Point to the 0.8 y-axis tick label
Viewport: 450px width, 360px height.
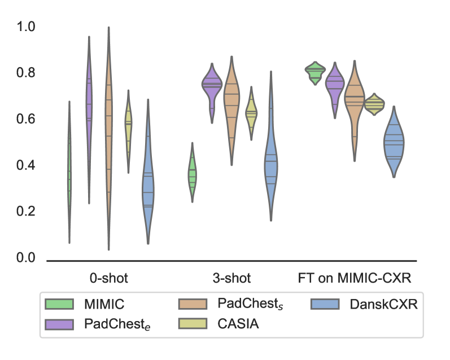(x=25, y=73)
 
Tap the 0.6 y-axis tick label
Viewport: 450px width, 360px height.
(x=25, y=120)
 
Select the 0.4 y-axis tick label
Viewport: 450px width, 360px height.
(x=25, y=166)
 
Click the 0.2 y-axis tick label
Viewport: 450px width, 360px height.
(x=25, y=212)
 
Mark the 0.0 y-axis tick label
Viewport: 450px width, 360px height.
(x=25, y=258)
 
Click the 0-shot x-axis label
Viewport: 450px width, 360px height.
(x=108, y=279)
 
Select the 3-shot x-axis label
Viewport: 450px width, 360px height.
(x=232, y=279)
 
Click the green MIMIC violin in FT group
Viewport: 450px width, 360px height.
(x=315, y=72)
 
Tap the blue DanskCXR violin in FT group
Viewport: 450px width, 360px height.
(x=394, y=144)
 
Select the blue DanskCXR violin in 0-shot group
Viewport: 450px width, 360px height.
(x=148, y=181)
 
